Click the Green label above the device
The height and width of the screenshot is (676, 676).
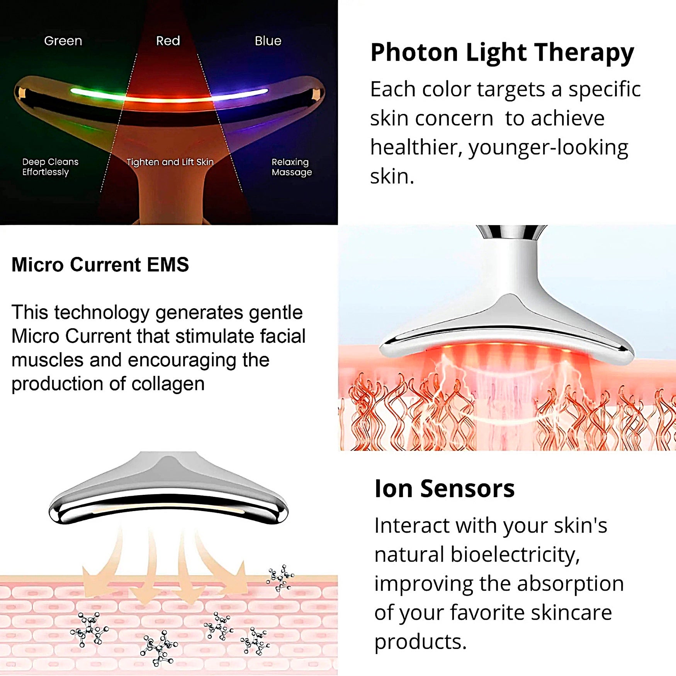pos(63,41)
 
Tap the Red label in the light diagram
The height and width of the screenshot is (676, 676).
pos(168,41)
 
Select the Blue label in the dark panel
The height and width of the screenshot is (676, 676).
pos(268,41)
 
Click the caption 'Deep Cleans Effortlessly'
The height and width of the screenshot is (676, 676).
pos(50,167)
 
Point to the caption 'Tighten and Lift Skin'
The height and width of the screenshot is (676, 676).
pos(170,162)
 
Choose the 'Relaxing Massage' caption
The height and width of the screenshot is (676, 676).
pos(292,167)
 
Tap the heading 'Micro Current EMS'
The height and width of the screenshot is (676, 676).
pos(100,265)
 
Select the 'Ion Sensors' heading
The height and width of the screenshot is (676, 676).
pos(445,488)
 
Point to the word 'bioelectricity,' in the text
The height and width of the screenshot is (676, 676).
pos(515,554)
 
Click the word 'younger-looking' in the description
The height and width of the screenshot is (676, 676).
pos(549,147)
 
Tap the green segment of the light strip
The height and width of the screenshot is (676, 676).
pos(97,93)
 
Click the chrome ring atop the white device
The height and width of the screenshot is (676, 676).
pos(511,231)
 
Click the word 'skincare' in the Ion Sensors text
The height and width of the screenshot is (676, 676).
pos(571,612)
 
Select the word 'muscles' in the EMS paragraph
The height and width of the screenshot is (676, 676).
pos(48,360)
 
